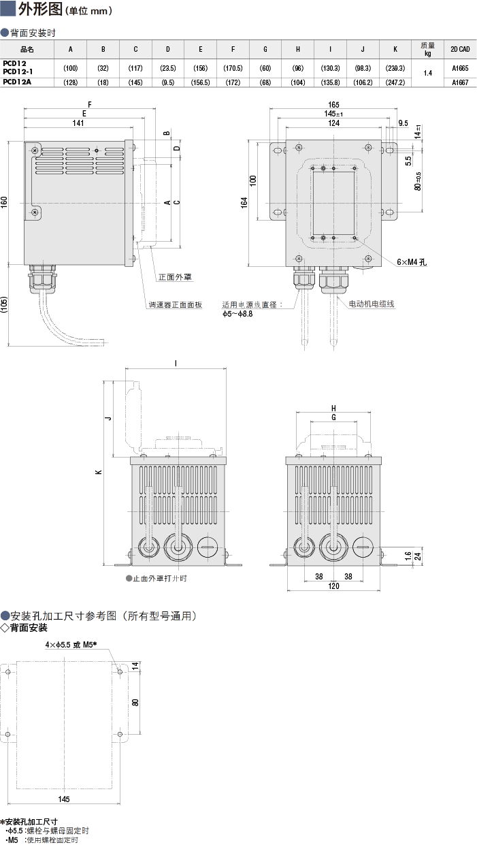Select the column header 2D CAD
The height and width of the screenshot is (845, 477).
click(x=459, y=50)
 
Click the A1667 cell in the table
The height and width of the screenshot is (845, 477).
click(x=459, y=82)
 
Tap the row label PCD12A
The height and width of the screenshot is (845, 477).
click(x=18, y=82)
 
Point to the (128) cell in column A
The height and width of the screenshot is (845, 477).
click(x=71, y=82)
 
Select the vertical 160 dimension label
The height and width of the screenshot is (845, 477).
click(x=5, y=202)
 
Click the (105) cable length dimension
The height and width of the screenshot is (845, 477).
click(x=5, y=305)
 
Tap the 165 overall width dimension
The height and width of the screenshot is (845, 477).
click(x=333, y=104)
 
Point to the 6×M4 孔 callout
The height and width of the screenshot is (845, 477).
click(x=412, y=261)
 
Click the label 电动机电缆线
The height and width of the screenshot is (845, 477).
click(x=372, y=304)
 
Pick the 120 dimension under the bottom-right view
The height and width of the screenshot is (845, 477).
click(x=333, y=586)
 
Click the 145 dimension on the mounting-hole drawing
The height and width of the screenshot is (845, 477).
click(x=64, y=799)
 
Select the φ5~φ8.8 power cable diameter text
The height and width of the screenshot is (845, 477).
click(x=237, y=314)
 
